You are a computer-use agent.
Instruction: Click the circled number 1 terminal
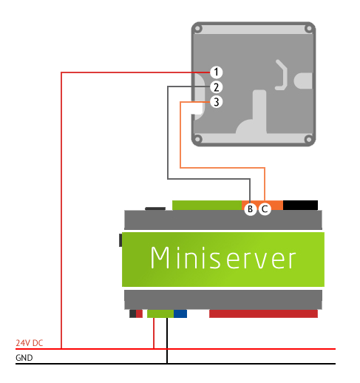pyautogui.click(x=216, y=72)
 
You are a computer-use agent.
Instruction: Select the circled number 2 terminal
pyautogui.click(x=216, y=87)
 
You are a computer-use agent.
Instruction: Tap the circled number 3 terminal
pyautogui.click(x=216, y=102)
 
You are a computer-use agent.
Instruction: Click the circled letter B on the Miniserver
pyautogui.click(x=251, y=209)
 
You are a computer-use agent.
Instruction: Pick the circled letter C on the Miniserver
pyautogui.click(x=265, y=209)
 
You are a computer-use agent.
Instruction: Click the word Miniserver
pyautogui.click(x=223, y=259)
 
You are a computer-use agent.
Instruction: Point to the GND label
pyautogui.click(x=24, y=358)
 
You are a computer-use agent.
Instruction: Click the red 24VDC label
pyautogui.click(x=29, y=343)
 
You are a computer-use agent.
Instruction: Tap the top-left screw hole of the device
pyautogui.click(x=197, y=29)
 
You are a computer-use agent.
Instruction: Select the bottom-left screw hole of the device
pyautogui.click(x=197, y=138)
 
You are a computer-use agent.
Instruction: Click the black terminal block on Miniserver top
pyautogui.click(x=300, y=205)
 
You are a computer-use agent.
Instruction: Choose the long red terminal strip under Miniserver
pyautogui.click(x=263, y=314)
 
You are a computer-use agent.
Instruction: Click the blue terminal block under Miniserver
pyautogui.click(x=180, y=314)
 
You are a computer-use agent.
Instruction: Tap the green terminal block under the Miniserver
pyautogui.click(x=160, y=314)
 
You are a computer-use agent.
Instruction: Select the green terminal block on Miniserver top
pyautogui.click(x=207, y=206)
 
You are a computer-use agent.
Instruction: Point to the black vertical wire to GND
pyautogui.click(x=167, y=340)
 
